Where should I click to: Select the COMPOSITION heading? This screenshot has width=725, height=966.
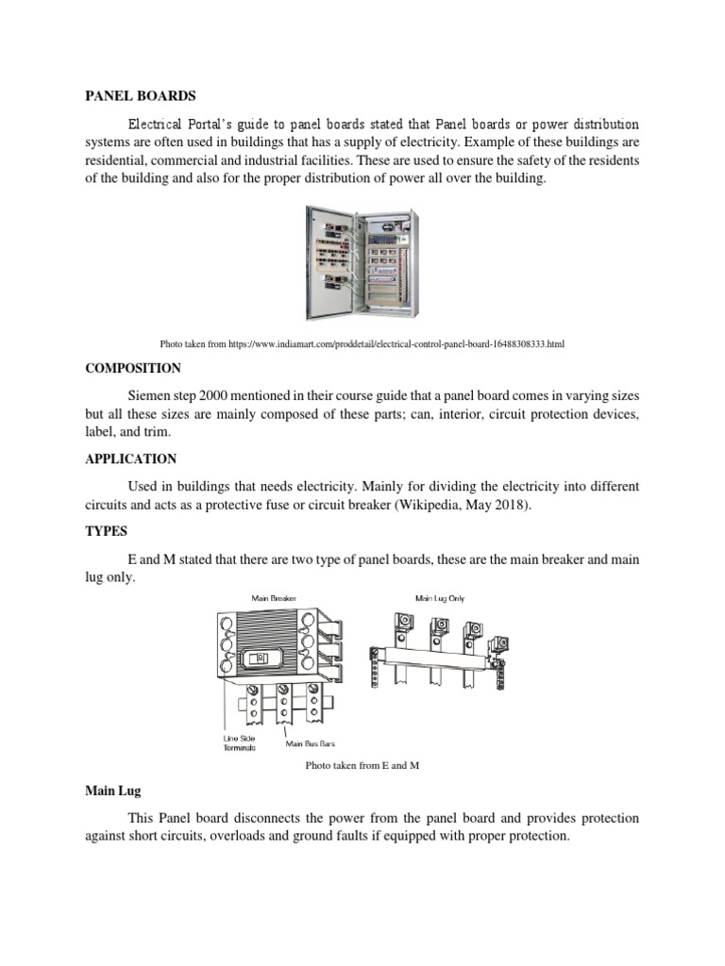tap(132, 368)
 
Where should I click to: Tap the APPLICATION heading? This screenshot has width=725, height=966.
tap(130, 458)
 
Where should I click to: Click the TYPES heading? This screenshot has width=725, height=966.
tap(106, 532)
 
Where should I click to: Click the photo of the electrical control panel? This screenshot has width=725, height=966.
tap(362, 263)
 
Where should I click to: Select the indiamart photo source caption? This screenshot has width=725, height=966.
tap(362, 344)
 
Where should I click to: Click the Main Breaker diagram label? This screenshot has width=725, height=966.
tap(273, 597)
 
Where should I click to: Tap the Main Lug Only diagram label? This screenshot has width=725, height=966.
tap(440, 597)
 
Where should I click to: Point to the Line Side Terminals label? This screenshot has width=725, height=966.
tap(239, 741)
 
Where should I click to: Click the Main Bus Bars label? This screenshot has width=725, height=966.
tap(310, 743)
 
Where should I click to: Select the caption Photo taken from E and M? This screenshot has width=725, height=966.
tap(362, 765)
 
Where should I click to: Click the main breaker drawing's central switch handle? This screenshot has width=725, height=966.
tap(263, 658)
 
